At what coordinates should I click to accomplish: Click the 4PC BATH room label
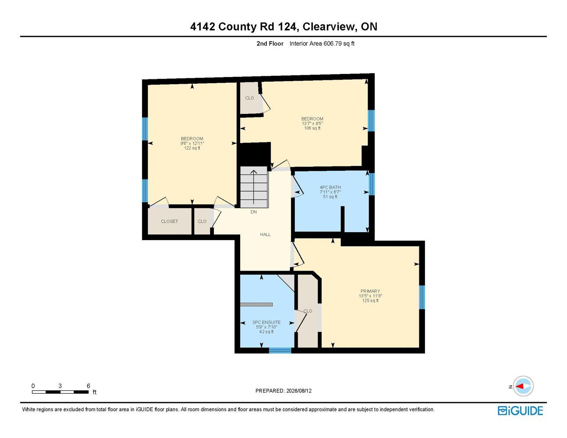coord(330,187)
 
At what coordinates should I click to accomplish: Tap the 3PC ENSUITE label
coord(266,322)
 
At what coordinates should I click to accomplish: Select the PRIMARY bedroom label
coord(370,291)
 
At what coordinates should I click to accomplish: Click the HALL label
coord(265,234)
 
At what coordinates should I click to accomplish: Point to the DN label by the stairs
coord(254,212)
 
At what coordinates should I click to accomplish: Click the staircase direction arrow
coord(254,187)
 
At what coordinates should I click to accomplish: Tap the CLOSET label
coord(169,221)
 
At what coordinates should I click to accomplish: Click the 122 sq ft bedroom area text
coord(192,148)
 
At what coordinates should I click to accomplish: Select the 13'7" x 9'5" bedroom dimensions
coord(312,124)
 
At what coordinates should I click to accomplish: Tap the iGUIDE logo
coord(520,411)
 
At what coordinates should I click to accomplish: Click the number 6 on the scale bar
coord(89,386)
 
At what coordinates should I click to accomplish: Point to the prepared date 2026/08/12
coord(299,391)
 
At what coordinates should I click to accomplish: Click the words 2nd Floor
coord(270,43)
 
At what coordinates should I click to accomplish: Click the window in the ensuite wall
coord(280,350)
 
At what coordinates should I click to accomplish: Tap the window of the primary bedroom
coord(422,297)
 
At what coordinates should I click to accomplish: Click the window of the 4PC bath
coord(372,184)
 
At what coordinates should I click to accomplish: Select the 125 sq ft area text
coord(370,300)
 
